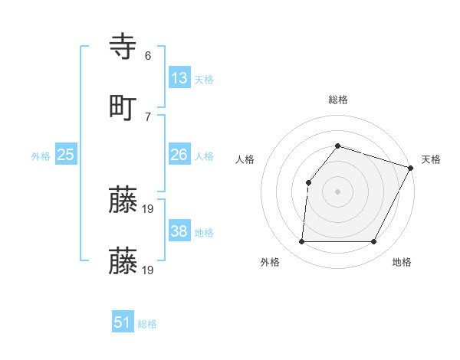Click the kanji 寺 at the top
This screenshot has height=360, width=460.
(x=123, y=47)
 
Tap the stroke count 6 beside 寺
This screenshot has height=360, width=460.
(x=148, y=57)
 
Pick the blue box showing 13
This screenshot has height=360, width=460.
(x=179, y=78)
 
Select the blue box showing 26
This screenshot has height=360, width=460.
(x=179, y=155)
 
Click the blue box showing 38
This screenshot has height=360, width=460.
(x=179, y=231)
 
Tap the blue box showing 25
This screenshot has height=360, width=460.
(x=66, y=155)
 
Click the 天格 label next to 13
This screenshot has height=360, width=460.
(x=204, y=80)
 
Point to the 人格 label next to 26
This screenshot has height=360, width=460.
(x=204, y=156)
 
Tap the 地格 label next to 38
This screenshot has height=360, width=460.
(x=204, y=233)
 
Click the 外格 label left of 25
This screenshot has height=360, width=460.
(x=41, y=156)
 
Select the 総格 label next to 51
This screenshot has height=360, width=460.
(x=147, y=324)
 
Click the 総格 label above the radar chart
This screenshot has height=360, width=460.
(x=338, y=100)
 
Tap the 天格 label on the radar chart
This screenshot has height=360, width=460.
(x=432, y=159)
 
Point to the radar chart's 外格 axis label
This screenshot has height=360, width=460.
(x=270, y=262)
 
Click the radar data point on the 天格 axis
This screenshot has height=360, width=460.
(x=411, y=168)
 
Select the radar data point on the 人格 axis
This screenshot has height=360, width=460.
(x=308, y=182)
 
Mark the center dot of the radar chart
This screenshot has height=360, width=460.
(x=337, y=191)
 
